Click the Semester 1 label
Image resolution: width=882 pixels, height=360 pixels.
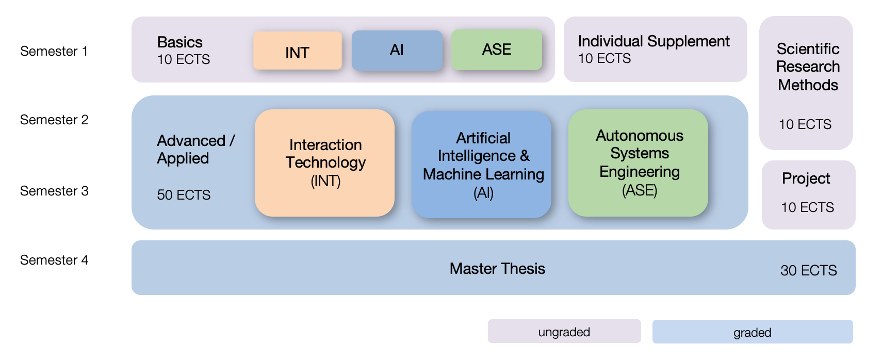(54, 51)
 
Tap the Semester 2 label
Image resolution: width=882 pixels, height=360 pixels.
(54, 120)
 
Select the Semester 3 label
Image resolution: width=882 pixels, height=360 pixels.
(54, 191)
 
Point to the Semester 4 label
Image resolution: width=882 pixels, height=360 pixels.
(54, 260)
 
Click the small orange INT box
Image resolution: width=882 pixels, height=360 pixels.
(298, 51)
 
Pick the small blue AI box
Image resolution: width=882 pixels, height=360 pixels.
(397, 50)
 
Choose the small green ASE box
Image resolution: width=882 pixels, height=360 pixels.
(497, 50)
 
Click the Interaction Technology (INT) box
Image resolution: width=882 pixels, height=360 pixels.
(325, 162)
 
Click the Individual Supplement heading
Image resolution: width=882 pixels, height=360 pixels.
(654, 41)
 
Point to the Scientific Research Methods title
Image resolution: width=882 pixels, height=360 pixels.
(808, 67)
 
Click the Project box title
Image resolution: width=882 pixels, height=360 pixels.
(806, 178)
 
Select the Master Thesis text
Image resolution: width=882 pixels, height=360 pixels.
(497, 269)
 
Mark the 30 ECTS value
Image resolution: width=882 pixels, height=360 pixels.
(808, 270)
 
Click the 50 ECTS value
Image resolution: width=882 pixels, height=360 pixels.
(184, 195)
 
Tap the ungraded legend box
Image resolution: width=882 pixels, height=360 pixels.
(564, 332)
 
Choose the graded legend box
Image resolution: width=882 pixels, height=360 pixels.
(752, 332)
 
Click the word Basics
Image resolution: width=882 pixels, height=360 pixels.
(179, 42)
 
